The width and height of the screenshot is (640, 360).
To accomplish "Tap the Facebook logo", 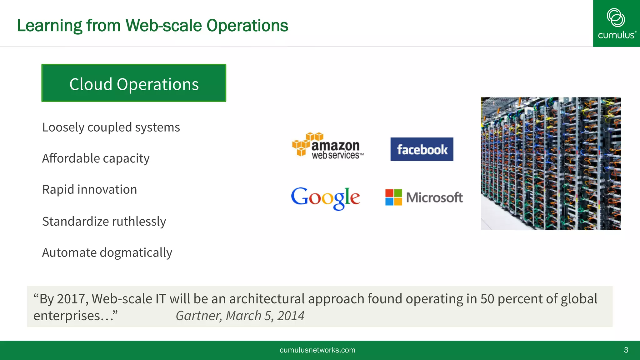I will pyautogui.click(x=422, y=149).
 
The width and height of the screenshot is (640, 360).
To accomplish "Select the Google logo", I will pyautogui.click(x=325, y=198).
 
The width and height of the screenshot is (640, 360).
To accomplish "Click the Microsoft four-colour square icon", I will pyautogui.click(x=393, y=197).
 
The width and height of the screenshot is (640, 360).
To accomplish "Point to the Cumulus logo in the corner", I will pyautogui.click(x=616, y=23).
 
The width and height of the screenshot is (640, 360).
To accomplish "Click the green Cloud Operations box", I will pyautogui.click(x=134, y=83).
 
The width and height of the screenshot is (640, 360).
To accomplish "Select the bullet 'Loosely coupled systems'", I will pyautogui.click(x=111, y=127).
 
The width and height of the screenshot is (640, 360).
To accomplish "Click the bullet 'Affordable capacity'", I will pyautogui.click(x=96, y=158).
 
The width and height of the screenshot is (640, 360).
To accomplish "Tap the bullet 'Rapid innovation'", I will pyautogui.click(x=89, y=190).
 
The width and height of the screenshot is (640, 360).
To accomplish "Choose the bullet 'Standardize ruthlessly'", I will pyautogui.click(x=104, y=222).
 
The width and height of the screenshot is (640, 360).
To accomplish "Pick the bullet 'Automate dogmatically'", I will pyautogui.click(x=107, y=253).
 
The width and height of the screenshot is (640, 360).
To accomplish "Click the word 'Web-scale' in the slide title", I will pyautogui.click(x=163, y=26).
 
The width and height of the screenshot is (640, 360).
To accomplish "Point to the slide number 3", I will pyautogui.click(x=626, y=350).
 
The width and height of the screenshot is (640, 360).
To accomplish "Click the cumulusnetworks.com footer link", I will pyautogui.click(x=317, y=350).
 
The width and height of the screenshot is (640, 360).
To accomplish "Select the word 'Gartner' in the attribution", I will pyautogui.click(x=198, y=316).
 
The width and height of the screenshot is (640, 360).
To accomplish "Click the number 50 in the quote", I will pyautogui.click(x=487, y=299).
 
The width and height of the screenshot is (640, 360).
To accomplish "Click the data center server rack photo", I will pyautogui.click(x=551, y=164).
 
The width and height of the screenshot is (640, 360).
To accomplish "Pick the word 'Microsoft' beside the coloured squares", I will pyautogui.click(x=434, y=197).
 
